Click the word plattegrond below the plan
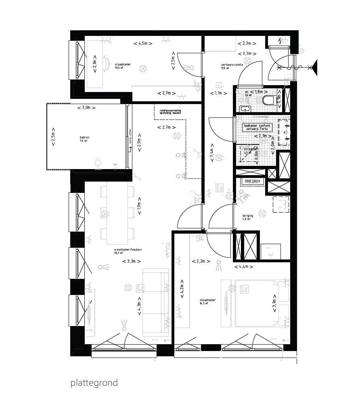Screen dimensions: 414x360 tap(94, 383)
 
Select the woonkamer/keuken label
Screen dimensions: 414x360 tap(128, 251)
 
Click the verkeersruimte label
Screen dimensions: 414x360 tap(232, 66)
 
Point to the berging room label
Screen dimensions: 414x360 tap(247, 217)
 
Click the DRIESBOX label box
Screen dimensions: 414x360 tap(253, 182)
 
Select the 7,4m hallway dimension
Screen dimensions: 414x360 tap(212, 152)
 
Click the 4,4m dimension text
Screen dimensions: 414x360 tap(243, 267)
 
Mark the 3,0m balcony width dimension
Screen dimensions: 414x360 tap(87, 108)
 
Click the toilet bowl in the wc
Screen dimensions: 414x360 tap(269, 100)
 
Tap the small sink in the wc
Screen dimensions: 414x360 tap(245, 109)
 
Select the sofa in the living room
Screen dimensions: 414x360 tap(155, 301)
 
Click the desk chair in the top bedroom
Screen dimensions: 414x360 tap(107, 63)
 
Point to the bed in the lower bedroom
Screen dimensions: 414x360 tap(257, 305)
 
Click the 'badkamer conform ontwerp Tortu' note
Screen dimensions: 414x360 tap(257, 128)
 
